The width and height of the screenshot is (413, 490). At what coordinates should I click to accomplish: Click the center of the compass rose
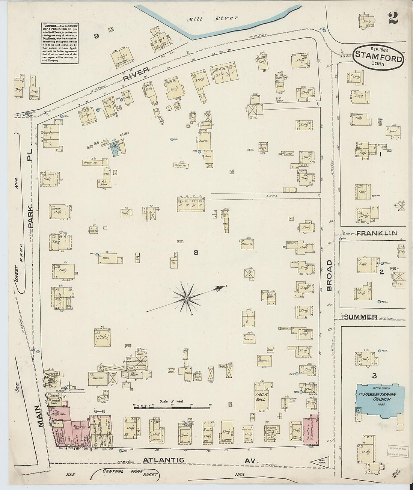[x=186, y=298]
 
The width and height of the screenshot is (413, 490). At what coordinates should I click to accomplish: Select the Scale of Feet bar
[x=172, y=407]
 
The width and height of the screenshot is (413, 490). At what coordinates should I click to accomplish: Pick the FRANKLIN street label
[x=377, y=233]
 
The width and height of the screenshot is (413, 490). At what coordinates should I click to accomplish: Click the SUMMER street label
[x=360, y=317]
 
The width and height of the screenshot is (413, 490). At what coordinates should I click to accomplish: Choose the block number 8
[x=196, y=253]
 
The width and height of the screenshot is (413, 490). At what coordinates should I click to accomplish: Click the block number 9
[x=96, y=36]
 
